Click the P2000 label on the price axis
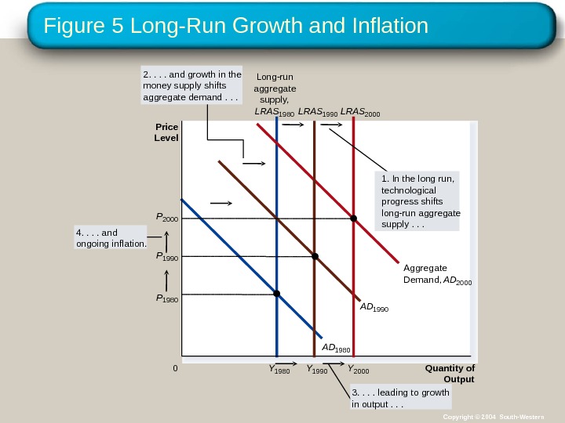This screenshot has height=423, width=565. pos(167,217)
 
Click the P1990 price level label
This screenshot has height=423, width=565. pos(167,256)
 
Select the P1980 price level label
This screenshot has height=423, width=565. pos(167,298)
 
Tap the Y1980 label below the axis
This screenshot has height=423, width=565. pos(279,369)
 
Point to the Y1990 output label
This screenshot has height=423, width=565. pos(317,369)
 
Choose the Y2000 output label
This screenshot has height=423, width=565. pos(358,369)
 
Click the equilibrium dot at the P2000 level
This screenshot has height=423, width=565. pos(353,219)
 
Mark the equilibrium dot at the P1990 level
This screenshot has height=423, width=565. pos(315,256)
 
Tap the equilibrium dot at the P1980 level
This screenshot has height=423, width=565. pos(277,294)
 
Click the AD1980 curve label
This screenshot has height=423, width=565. pos(336,347)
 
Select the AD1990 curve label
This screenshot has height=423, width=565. pos(374,307)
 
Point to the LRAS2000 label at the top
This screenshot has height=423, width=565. pos(359,113)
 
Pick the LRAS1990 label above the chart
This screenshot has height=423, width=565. pos(318,113)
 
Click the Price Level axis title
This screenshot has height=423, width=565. pos(167,132)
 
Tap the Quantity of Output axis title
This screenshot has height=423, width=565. pos(450,374)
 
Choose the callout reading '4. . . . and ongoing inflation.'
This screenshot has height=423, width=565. pos(111,237)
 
